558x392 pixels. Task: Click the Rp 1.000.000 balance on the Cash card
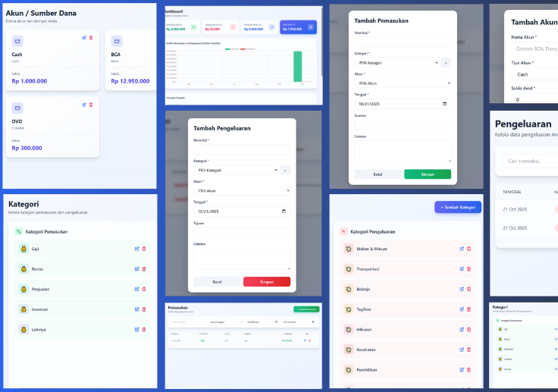click(x=30, y=81)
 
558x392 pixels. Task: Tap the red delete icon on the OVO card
click(x=91, y=104)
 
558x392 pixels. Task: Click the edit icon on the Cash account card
click(x=84, y=38)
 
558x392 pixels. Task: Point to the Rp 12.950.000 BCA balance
click(x=130, y=81)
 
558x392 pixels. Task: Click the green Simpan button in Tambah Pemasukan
click(x=427, y=174)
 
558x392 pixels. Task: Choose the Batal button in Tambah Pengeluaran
click(x=217, y=281)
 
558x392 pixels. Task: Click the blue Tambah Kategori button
click(x=457, y=207)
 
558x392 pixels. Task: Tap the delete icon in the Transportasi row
click(x=468, y=268)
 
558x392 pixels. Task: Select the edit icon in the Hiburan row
click(x=461, y=329)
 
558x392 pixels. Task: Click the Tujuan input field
click(x=241, y=233)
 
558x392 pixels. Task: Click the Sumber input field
click(x=403, y=124)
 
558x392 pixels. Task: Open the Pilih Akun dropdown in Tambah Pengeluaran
click(x=241, y=191)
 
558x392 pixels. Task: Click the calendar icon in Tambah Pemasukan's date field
click(x=444, y=104)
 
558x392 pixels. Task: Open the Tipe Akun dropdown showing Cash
click(x=535, y=74)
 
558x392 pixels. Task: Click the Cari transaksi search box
click(x=531, y=161)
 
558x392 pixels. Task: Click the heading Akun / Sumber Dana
click(x=41, y=13)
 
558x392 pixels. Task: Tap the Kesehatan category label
click(x=368, y=350)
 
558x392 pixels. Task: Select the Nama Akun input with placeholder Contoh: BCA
click(x=535, y=49)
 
